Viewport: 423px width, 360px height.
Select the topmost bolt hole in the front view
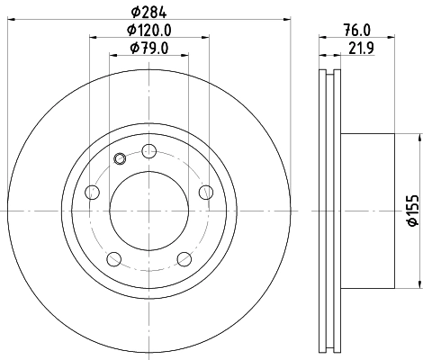[148, 150]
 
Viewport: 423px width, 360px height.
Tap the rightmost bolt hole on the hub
[205, 191]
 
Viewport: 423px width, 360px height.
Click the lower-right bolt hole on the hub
[184, 258]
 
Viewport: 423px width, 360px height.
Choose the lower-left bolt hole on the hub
[114, 258]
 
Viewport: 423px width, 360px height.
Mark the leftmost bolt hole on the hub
[92, 192]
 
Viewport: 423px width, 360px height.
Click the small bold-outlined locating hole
[121, 160]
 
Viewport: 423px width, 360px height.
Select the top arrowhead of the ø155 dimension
[419, 137]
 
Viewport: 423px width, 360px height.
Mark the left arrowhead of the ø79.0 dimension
[112, 55]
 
